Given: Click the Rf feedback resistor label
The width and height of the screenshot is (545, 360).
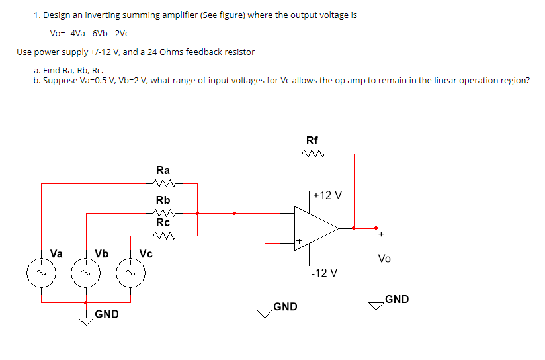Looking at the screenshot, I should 312,140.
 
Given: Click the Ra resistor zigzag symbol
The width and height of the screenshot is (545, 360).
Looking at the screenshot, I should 163,184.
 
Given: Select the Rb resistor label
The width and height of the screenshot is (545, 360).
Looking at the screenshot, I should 163,200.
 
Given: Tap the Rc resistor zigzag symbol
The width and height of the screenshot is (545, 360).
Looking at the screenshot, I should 163,235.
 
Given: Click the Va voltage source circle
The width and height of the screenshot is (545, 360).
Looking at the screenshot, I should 41,272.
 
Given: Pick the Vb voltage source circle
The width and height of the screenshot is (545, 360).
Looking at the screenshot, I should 85,272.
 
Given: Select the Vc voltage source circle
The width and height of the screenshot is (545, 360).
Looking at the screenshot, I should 130,272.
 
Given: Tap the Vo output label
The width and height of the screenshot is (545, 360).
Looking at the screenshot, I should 384,259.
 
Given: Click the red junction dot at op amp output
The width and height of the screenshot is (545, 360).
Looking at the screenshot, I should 355,228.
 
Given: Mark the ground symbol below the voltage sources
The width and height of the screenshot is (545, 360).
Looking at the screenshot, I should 86,320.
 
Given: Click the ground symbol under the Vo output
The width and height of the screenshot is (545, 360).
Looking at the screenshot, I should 376,303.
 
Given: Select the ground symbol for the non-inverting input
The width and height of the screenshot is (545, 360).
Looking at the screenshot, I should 265,314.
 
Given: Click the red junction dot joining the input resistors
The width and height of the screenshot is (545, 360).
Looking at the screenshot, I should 197,213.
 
